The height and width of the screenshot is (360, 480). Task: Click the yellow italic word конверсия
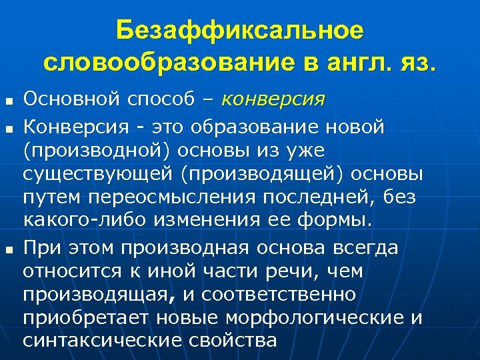[x=273, y=101]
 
